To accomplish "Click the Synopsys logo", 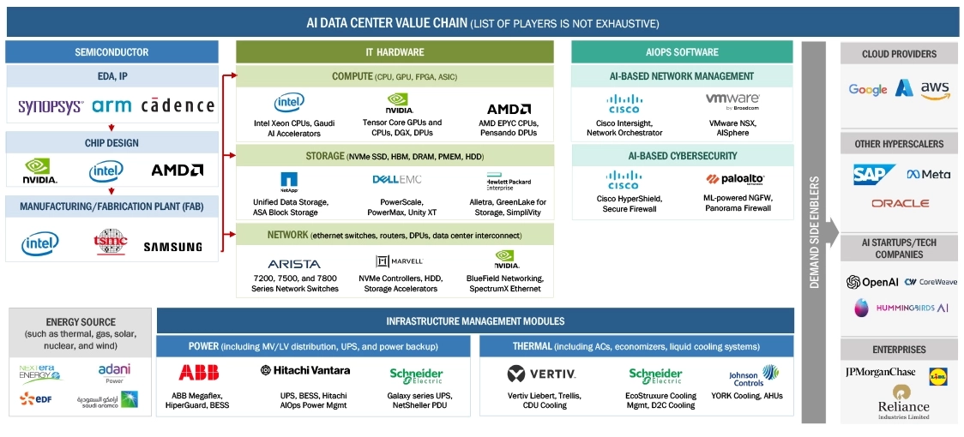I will pos(51,106).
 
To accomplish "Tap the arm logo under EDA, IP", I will pos(111,106).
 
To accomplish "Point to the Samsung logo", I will pos(172,247).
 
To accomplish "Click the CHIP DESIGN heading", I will pos(111,143).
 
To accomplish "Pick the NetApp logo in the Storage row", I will pos(289,180).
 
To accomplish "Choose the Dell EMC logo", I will pos(396,180).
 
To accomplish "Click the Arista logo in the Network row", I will pos(294,264).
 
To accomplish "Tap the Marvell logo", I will pos(399,261).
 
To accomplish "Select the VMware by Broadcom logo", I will pos(732,101).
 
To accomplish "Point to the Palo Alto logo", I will pos(735,180).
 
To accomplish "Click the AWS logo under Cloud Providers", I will pos(934,88).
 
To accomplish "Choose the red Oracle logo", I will pos(900,204).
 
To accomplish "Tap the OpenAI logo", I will pos(871,282).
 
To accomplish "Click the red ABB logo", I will pos(198,372).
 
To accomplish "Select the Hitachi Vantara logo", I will pos(305,370).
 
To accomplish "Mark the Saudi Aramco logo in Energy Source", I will pos(107,399).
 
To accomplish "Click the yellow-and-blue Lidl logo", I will pos(938,375).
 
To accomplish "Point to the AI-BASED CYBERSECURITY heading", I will pos(682,156).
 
